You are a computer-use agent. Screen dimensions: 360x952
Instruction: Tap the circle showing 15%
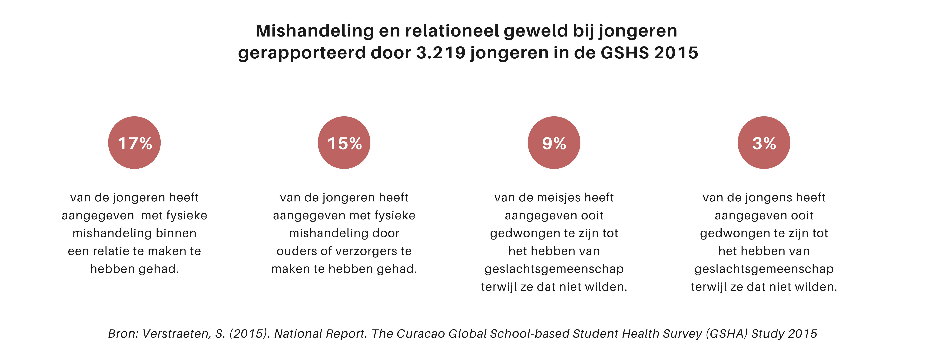click(x=344, y=143)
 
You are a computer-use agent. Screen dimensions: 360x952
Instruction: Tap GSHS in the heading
click(x=625, y=53)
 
